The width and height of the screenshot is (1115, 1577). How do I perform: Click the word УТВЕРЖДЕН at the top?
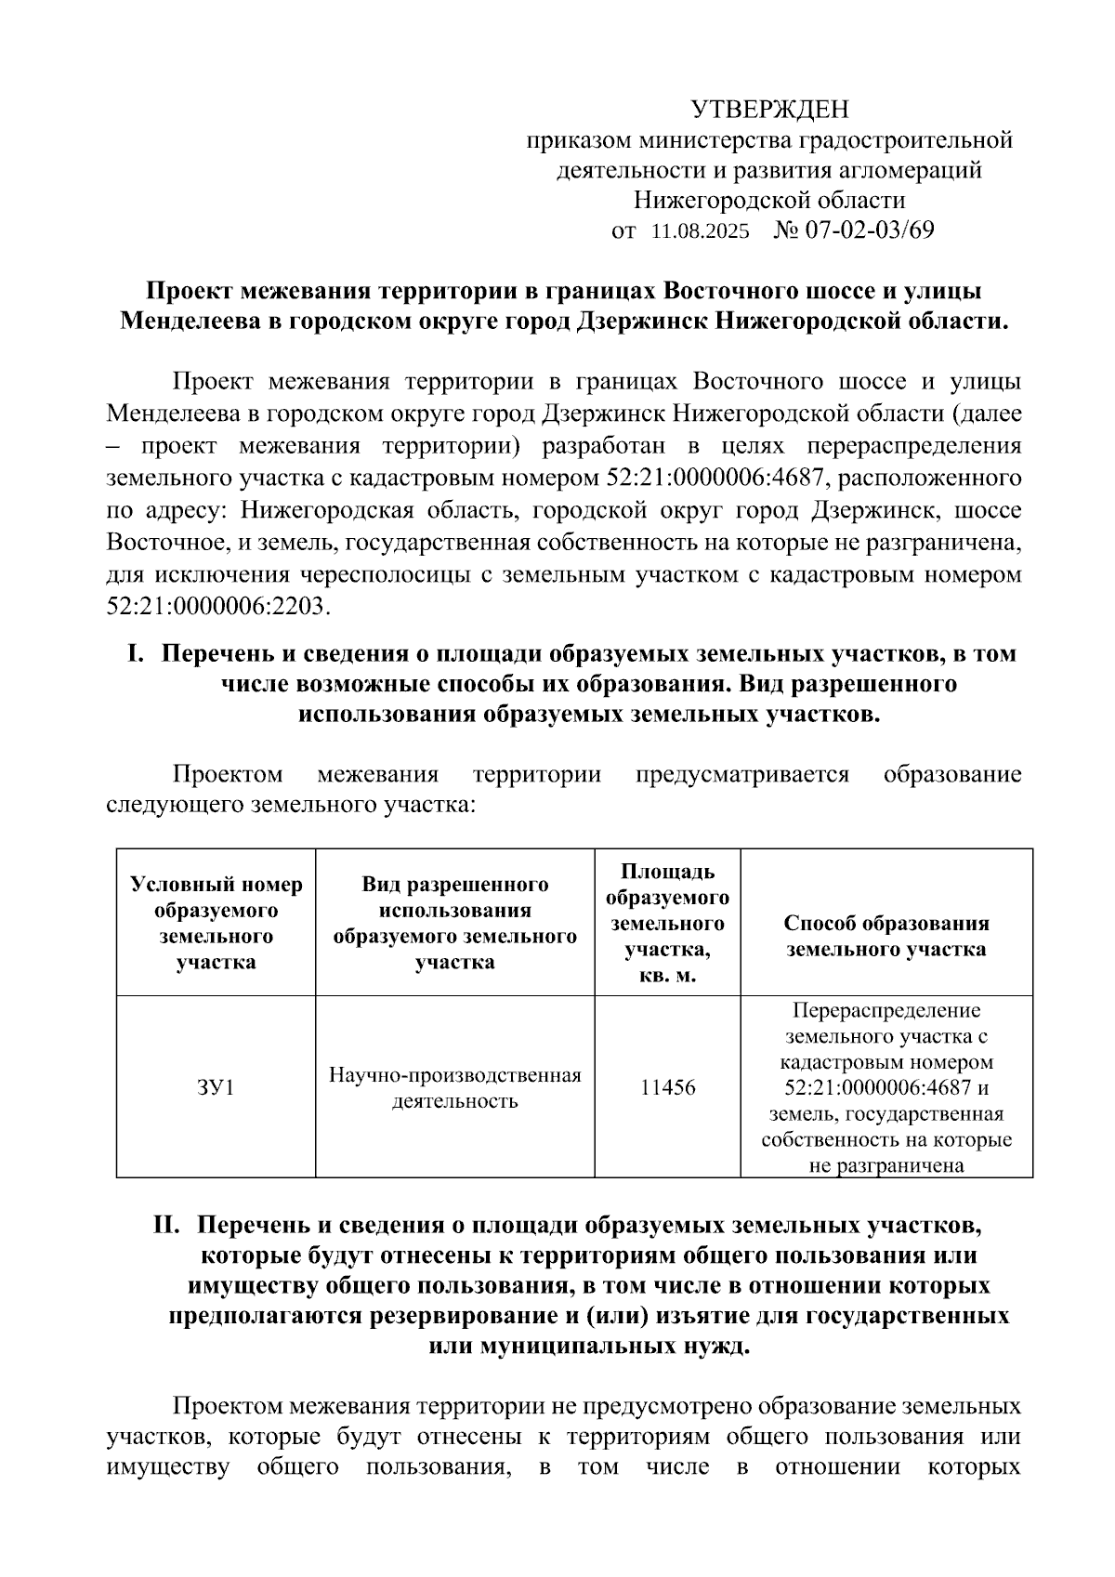[769, 111]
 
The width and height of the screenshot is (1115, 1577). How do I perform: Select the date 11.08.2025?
[700, 230]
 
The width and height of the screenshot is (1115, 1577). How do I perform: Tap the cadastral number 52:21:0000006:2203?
[218, 606]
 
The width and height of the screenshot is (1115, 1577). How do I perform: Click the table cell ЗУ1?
[216, 1086]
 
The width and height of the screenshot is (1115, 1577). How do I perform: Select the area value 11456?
[667, 1086]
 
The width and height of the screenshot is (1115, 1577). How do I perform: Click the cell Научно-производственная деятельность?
[454, 1087]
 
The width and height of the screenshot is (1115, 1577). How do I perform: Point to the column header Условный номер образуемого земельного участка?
[216, 923]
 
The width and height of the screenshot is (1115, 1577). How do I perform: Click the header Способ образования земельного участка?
[885, 936]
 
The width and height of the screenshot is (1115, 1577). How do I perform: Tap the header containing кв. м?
[667, 977]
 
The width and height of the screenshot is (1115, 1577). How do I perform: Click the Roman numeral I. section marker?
[135, 653]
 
